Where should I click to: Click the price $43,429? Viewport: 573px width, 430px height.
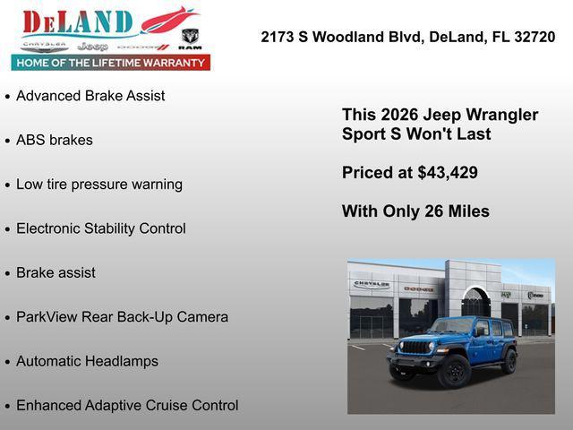pos(448,173)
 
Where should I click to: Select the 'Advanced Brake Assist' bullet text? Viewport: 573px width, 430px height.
pos(90,96)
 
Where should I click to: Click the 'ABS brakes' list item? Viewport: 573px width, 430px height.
pos(54,140)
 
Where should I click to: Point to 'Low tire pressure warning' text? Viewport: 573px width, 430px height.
pos(98,185)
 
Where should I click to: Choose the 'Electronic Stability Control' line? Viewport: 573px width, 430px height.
pos(100,228)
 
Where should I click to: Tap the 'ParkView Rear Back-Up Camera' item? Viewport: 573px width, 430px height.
pos(122,317)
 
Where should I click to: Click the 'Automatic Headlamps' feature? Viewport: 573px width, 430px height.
pos(87,361)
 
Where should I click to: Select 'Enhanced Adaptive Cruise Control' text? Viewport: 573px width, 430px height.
pos(127,406)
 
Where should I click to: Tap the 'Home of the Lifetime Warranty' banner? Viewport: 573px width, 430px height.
pos(110,63)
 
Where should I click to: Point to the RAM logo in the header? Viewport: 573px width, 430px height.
pos(190,39)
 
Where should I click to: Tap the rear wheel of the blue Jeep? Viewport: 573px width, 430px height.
pos(509,361)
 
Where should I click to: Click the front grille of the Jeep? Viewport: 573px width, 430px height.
pos(414,348)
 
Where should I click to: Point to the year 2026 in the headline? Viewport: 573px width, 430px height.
pos(399,116)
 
